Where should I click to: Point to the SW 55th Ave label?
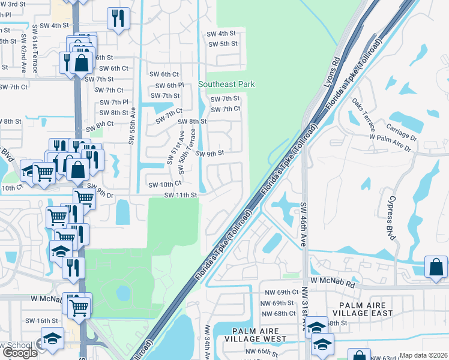click(132, 125)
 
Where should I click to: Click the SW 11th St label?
click(181, 195)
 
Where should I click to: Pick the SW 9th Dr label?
click(101, 194)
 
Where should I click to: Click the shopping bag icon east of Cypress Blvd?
click(436, 267)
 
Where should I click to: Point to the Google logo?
click(20, 353)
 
